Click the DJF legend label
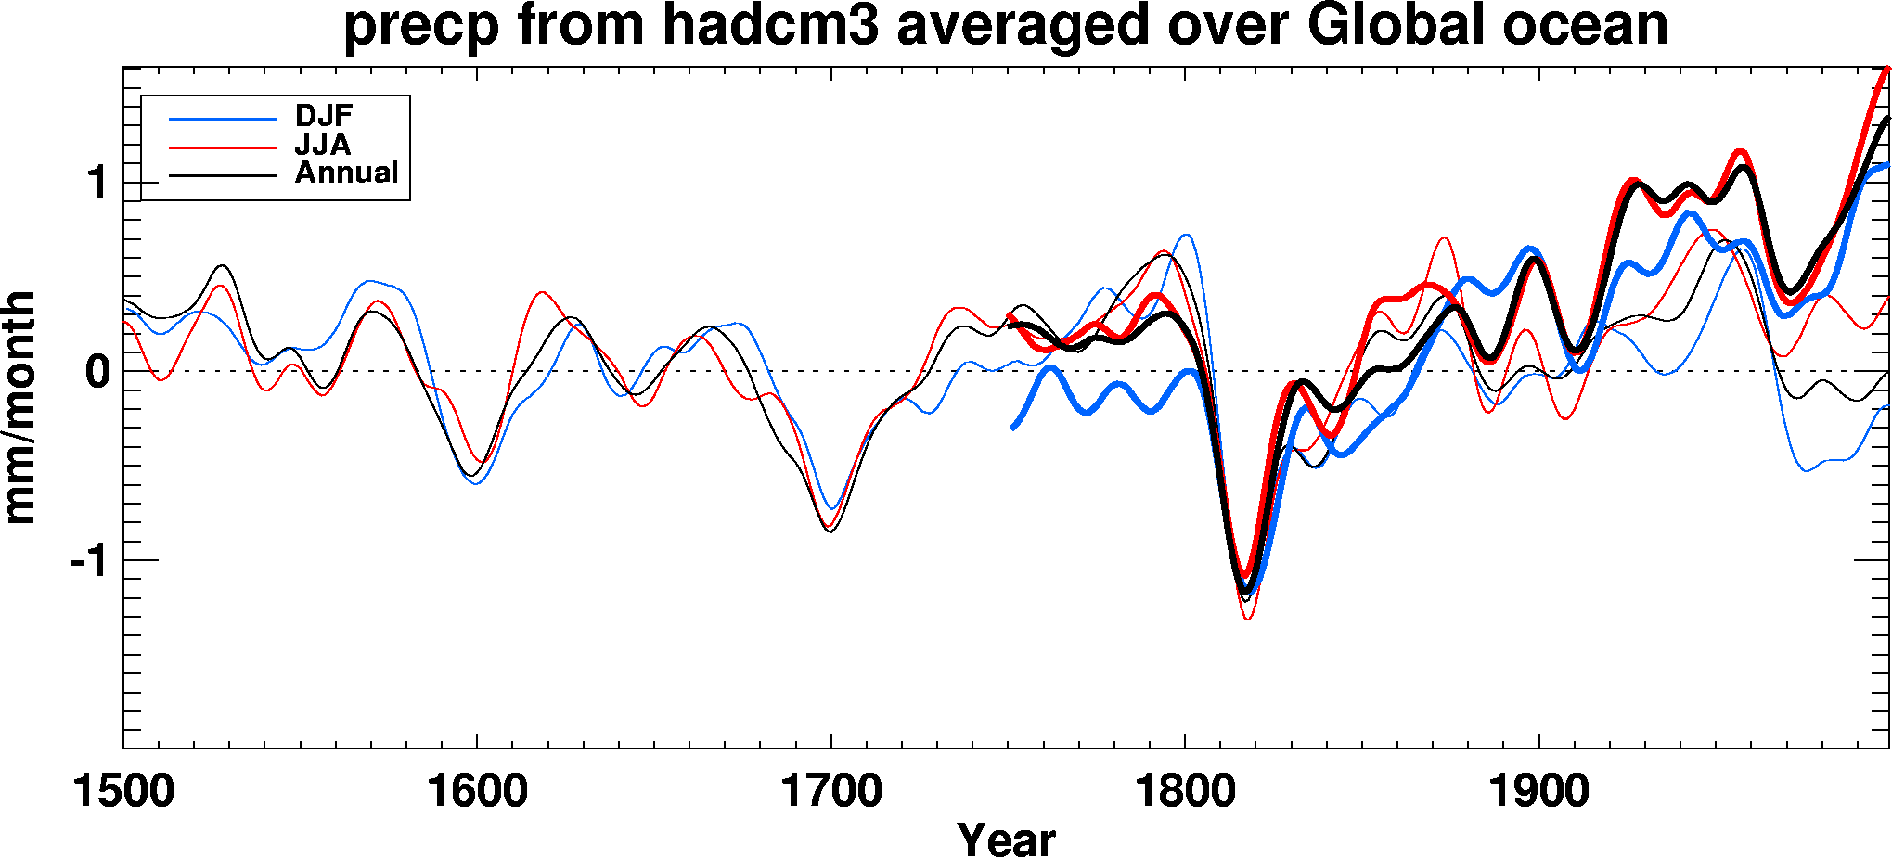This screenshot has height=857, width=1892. (x=324, y=116)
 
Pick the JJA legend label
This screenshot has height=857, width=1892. (x=322, y=145)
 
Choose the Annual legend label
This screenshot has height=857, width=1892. (x=346, y=173)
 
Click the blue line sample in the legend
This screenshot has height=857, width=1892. (x=223, y=119)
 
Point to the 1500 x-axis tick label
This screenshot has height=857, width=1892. (x=123, y=793)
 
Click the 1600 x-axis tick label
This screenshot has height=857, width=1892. (x=477, y=793)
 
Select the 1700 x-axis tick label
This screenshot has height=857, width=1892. (x=831, y=793)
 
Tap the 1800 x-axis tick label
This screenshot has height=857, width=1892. (x=1185, y=793)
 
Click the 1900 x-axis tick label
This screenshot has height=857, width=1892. (x=1539, y=793)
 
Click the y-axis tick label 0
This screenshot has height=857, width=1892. (x=97, y=372)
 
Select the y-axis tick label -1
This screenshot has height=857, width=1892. (x=89, y=561)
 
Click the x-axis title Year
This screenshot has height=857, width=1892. (x=1006, y=838)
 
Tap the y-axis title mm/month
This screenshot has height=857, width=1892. (x=20, y=408)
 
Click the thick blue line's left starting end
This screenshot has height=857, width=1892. (x=1012, y=428)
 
